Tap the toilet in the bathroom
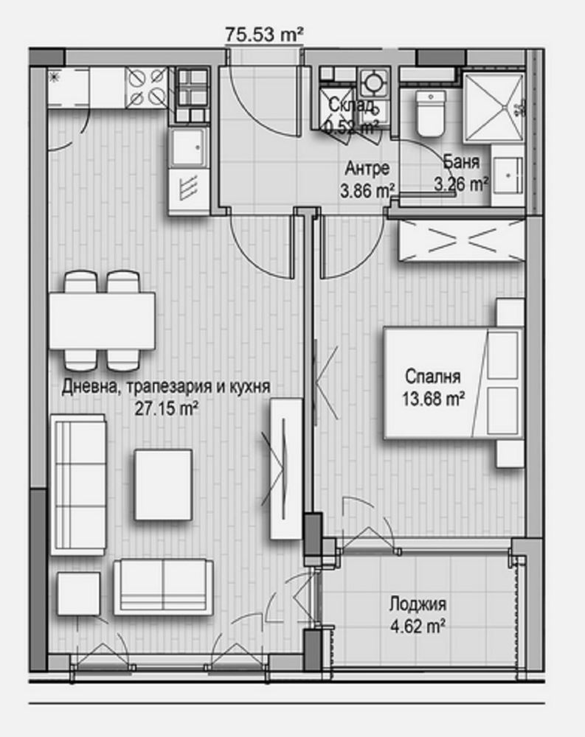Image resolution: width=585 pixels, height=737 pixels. point(429,116)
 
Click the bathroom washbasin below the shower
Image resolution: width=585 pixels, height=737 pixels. point(507,174)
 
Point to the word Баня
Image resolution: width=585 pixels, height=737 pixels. point(462,161)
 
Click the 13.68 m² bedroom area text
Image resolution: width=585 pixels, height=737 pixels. point(434,399)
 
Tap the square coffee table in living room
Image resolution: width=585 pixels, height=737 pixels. point(163,483)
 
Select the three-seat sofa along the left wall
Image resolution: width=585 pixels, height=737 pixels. point(77,483)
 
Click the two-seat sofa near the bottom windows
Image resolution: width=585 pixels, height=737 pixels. point(163,587)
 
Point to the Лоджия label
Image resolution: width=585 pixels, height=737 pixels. point(418,606)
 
